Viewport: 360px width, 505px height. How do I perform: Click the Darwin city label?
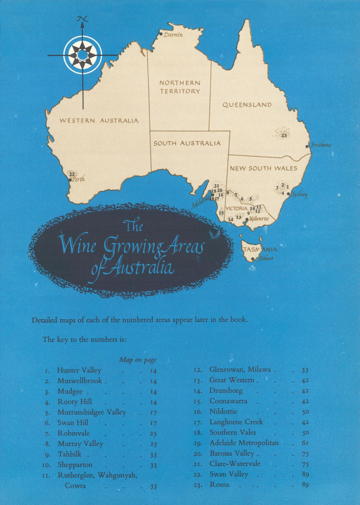point(173,35)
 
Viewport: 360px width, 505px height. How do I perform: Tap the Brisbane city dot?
point(307,146)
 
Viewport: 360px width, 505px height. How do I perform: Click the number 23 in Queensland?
point(284,135)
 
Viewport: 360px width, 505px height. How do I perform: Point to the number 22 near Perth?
point(72,174)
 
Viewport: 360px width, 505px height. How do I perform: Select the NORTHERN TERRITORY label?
point(180,87)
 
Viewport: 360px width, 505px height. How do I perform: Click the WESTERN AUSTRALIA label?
point(99,121)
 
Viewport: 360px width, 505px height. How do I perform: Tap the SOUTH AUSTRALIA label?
point(187,143)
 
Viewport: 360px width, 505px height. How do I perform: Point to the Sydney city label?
point(299,194)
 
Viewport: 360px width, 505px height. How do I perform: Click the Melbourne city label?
point(259,218)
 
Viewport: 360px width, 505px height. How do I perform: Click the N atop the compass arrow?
point(82,19)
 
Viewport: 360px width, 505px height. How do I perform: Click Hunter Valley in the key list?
point(79,370)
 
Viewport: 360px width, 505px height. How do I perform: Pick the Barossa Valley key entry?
point(232,453)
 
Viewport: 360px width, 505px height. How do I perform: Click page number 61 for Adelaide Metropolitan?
point(305,443)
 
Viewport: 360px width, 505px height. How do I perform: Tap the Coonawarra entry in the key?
point(228,401)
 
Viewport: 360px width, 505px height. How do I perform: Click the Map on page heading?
point(138,360)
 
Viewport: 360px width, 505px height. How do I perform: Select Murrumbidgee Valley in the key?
point(92,412)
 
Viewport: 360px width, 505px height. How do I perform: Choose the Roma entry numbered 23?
point(219,484)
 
